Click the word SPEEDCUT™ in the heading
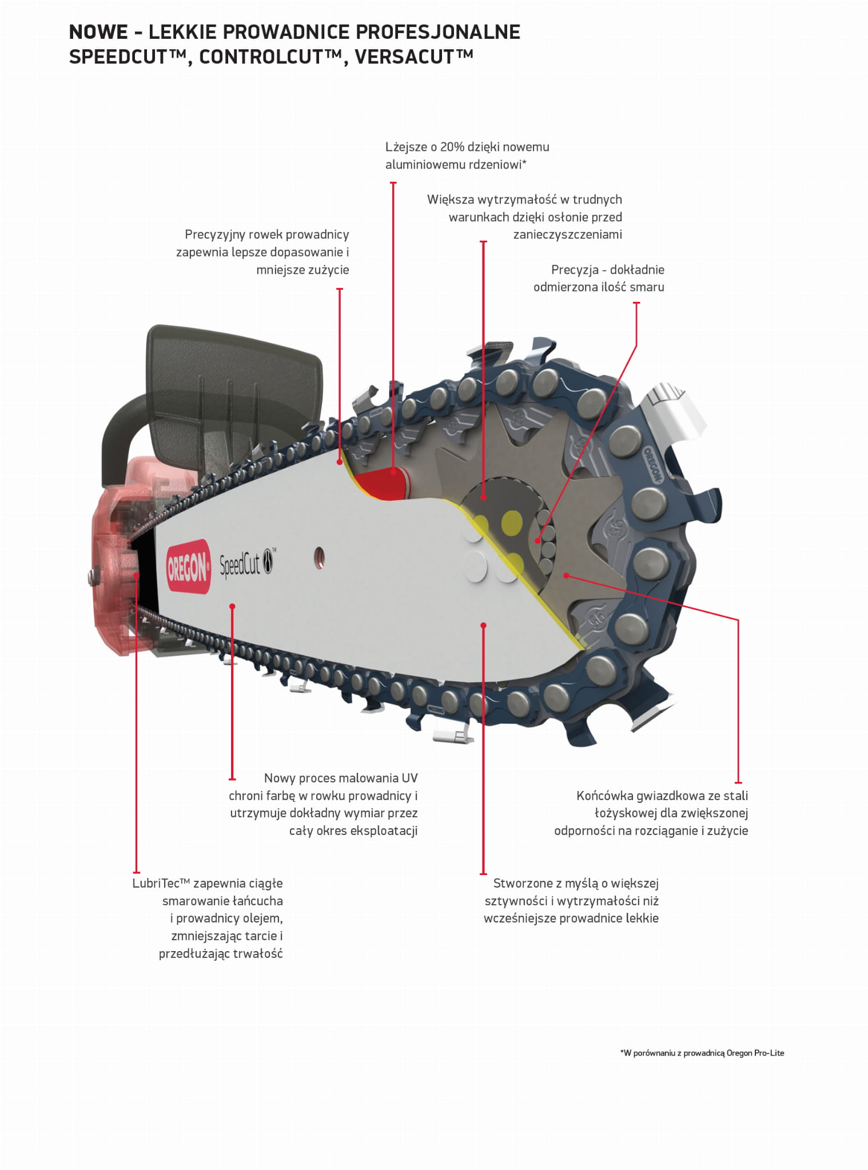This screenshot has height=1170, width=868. (130, 57)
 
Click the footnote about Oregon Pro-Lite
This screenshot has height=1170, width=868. (702, 1053)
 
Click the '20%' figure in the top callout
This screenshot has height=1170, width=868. (452, 147)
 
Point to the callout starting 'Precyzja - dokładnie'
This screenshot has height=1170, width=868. (599, 278)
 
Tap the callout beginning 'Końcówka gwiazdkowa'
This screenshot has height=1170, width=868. (651, 813)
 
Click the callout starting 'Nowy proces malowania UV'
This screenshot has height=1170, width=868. (323, 804)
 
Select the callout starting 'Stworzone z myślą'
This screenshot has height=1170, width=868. (571, 901)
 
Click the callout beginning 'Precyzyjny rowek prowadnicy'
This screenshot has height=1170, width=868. (262, 252)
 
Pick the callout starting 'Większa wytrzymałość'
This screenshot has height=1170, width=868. (524, 217)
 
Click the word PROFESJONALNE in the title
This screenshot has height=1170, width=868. (438, 32)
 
